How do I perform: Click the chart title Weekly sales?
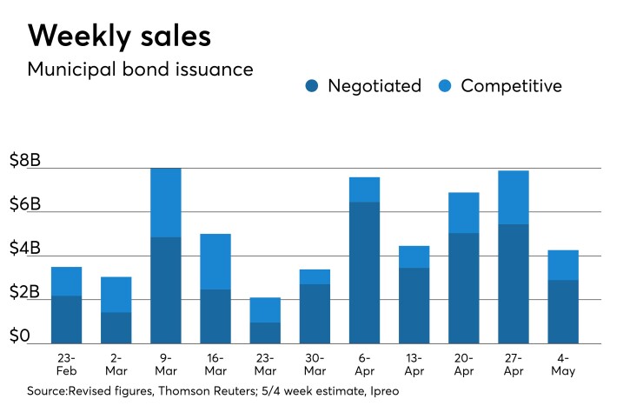119,36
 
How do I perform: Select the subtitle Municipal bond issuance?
141,70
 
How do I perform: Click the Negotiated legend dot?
313,86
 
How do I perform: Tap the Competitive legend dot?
446,86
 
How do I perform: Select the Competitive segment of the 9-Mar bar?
166,203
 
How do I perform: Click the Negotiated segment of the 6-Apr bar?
364,272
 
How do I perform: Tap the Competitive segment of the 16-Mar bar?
215,262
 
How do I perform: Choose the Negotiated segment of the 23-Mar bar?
265,333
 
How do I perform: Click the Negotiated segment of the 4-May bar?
562,311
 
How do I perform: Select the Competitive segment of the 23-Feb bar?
67,282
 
